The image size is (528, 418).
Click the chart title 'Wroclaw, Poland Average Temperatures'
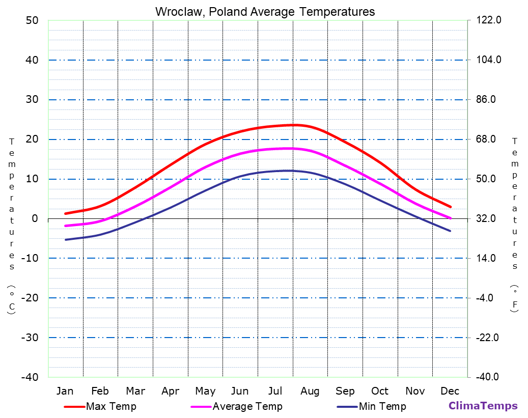click(x=265, y=12)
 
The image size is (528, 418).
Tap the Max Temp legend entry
click(x=110, y=406)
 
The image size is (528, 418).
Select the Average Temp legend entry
click(x=247, y=406)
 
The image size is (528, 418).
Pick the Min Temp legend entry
click(x=382, y=406)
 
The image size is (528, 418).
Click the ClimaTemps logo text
click(x=483, y=406)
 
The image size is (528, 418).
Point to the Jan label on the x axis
click(x=65, y=391)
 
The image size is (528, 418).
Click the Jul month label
click(x=275, y=391)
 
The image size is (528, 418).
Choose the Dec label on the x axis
click(x=450, y=391)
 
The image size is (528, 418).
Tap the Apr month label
click(x=170, y=391)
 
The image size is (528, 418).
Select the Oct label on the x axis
click(x=380, y=391)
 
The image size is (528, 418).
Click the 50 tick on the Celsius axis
click(x=32, y=20)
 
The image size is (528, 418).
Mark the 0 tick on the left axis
click(x=35, y=218)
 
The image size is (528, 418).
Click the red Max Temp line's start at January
click(x=66, y=213)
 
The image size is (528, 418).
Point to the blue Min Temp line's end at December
click(x=451, y=231)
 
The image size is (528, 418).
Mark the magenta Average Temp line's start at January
click(x=66, y=226)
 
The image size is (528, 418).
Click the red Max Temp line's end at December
click(x=451, y=207)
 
